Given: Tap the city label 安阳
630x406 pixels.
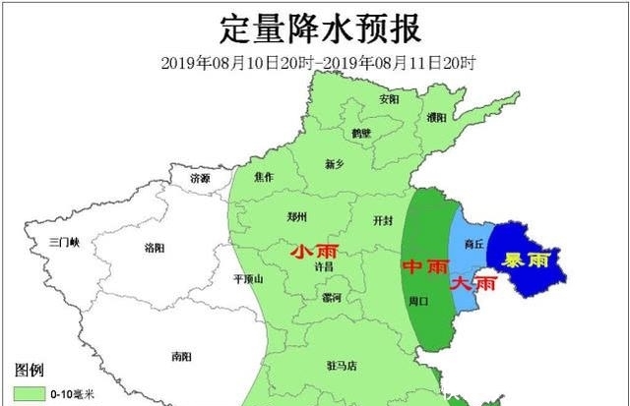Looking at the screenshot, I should click(x=389, y=99).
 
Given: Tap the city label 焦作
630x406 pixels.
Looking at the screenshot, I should click(x=265, y=177).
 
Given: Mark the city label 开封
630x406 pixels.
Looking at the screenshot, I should click(x=383, y=219).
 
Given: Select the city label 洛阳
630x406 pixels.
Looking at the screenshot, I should click(x=156, y=247).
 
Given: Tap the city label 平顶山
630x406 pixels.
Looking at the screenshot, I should click(x=248, y=279).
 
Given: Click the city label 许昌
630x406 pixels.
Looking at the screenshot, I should click(x=323, y=266).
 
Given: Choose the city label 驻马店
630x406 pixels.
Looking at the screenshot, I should click(x=343, y=366).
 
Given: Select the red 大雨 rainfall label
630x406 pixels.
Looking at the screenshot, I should click(x=474, y=283).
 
